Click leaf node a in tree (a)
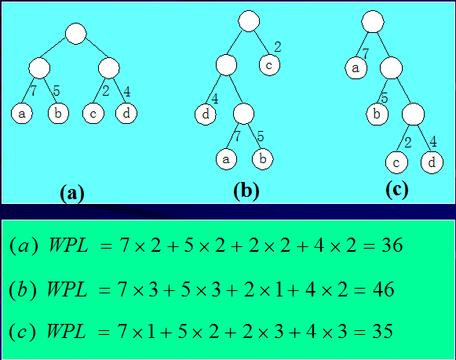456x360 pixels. click(21, 114)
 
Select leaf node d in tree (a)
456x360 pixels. click(126, 114)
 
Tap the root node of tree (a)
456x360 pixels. click(75, 34)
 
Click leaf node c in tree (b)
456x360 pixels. click(269, 65)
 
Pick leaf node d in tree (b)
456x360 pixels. click(205, 115)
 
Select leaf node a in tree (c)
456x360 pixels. click(355, 68)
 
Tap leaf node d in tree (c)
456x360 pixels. click(431, 162)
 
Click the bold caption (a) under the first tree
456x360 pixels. click(71, 193)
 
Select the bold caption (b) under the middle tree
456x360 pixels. click(246, 191)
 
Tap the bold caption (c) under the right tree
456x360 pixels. click(396, 189)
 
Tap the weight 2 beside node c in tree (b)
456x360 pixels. click(277, 47)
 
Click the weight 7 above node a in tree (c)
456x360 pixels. click(365, 53)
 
